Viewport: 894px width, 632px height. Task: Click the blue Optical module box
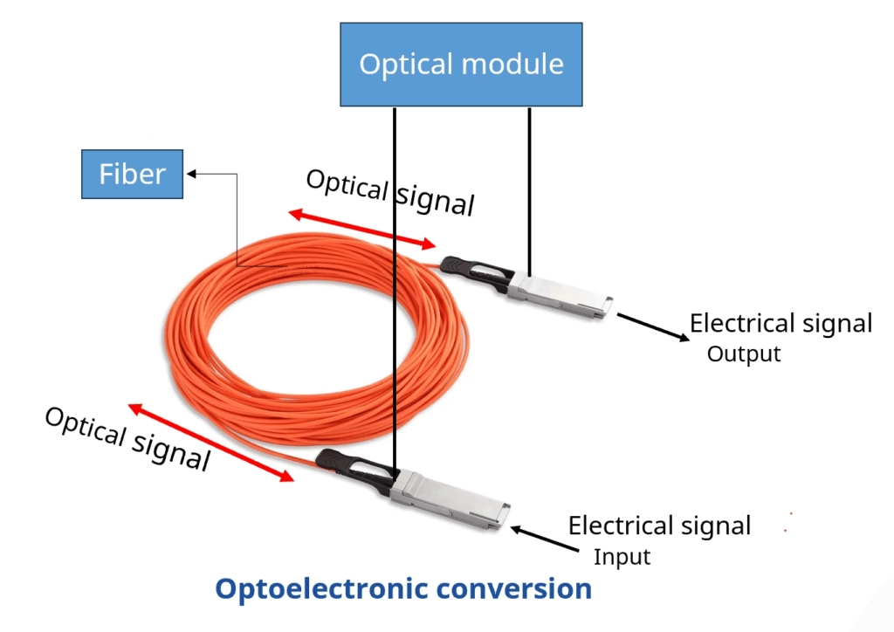pyautogui.click(x=461, y=65)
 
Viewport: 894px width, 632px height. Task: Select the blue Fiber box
pyautogui.click(x=132, y=174)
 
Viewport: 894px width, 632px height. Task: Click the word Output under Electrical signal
pyautogui.click(x=743, y=354)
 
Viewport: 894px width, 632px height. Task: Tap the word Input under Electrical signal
pyautogui.click(x=622, y=557)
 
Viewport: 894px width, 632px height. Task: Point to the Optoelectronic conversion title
pyautogui.click(x=403, y=588)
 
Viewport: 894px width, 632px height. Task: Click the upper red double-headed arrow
pyautogui.click(x=362, y=229)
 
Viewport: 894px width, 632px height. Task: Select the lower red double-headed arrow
pyautogui.click(x=210, y=443)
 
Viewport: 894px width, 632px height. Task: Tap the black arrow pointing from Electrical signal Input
pyautogui.click(x=547, y=539)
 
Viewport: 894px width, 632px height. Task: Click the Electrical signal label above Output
pyautogui.click(x=781, y=324)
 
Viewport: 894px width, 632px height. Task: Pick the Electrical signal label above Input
pyautogui.click(x=659, y=526)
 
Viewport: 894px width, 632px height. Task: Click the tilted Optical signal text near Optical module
pyautogui.click(x=389, y=191)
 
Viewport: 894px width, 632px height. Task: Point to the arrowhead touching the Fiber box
pyautogui.click(x=190, y=174)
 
